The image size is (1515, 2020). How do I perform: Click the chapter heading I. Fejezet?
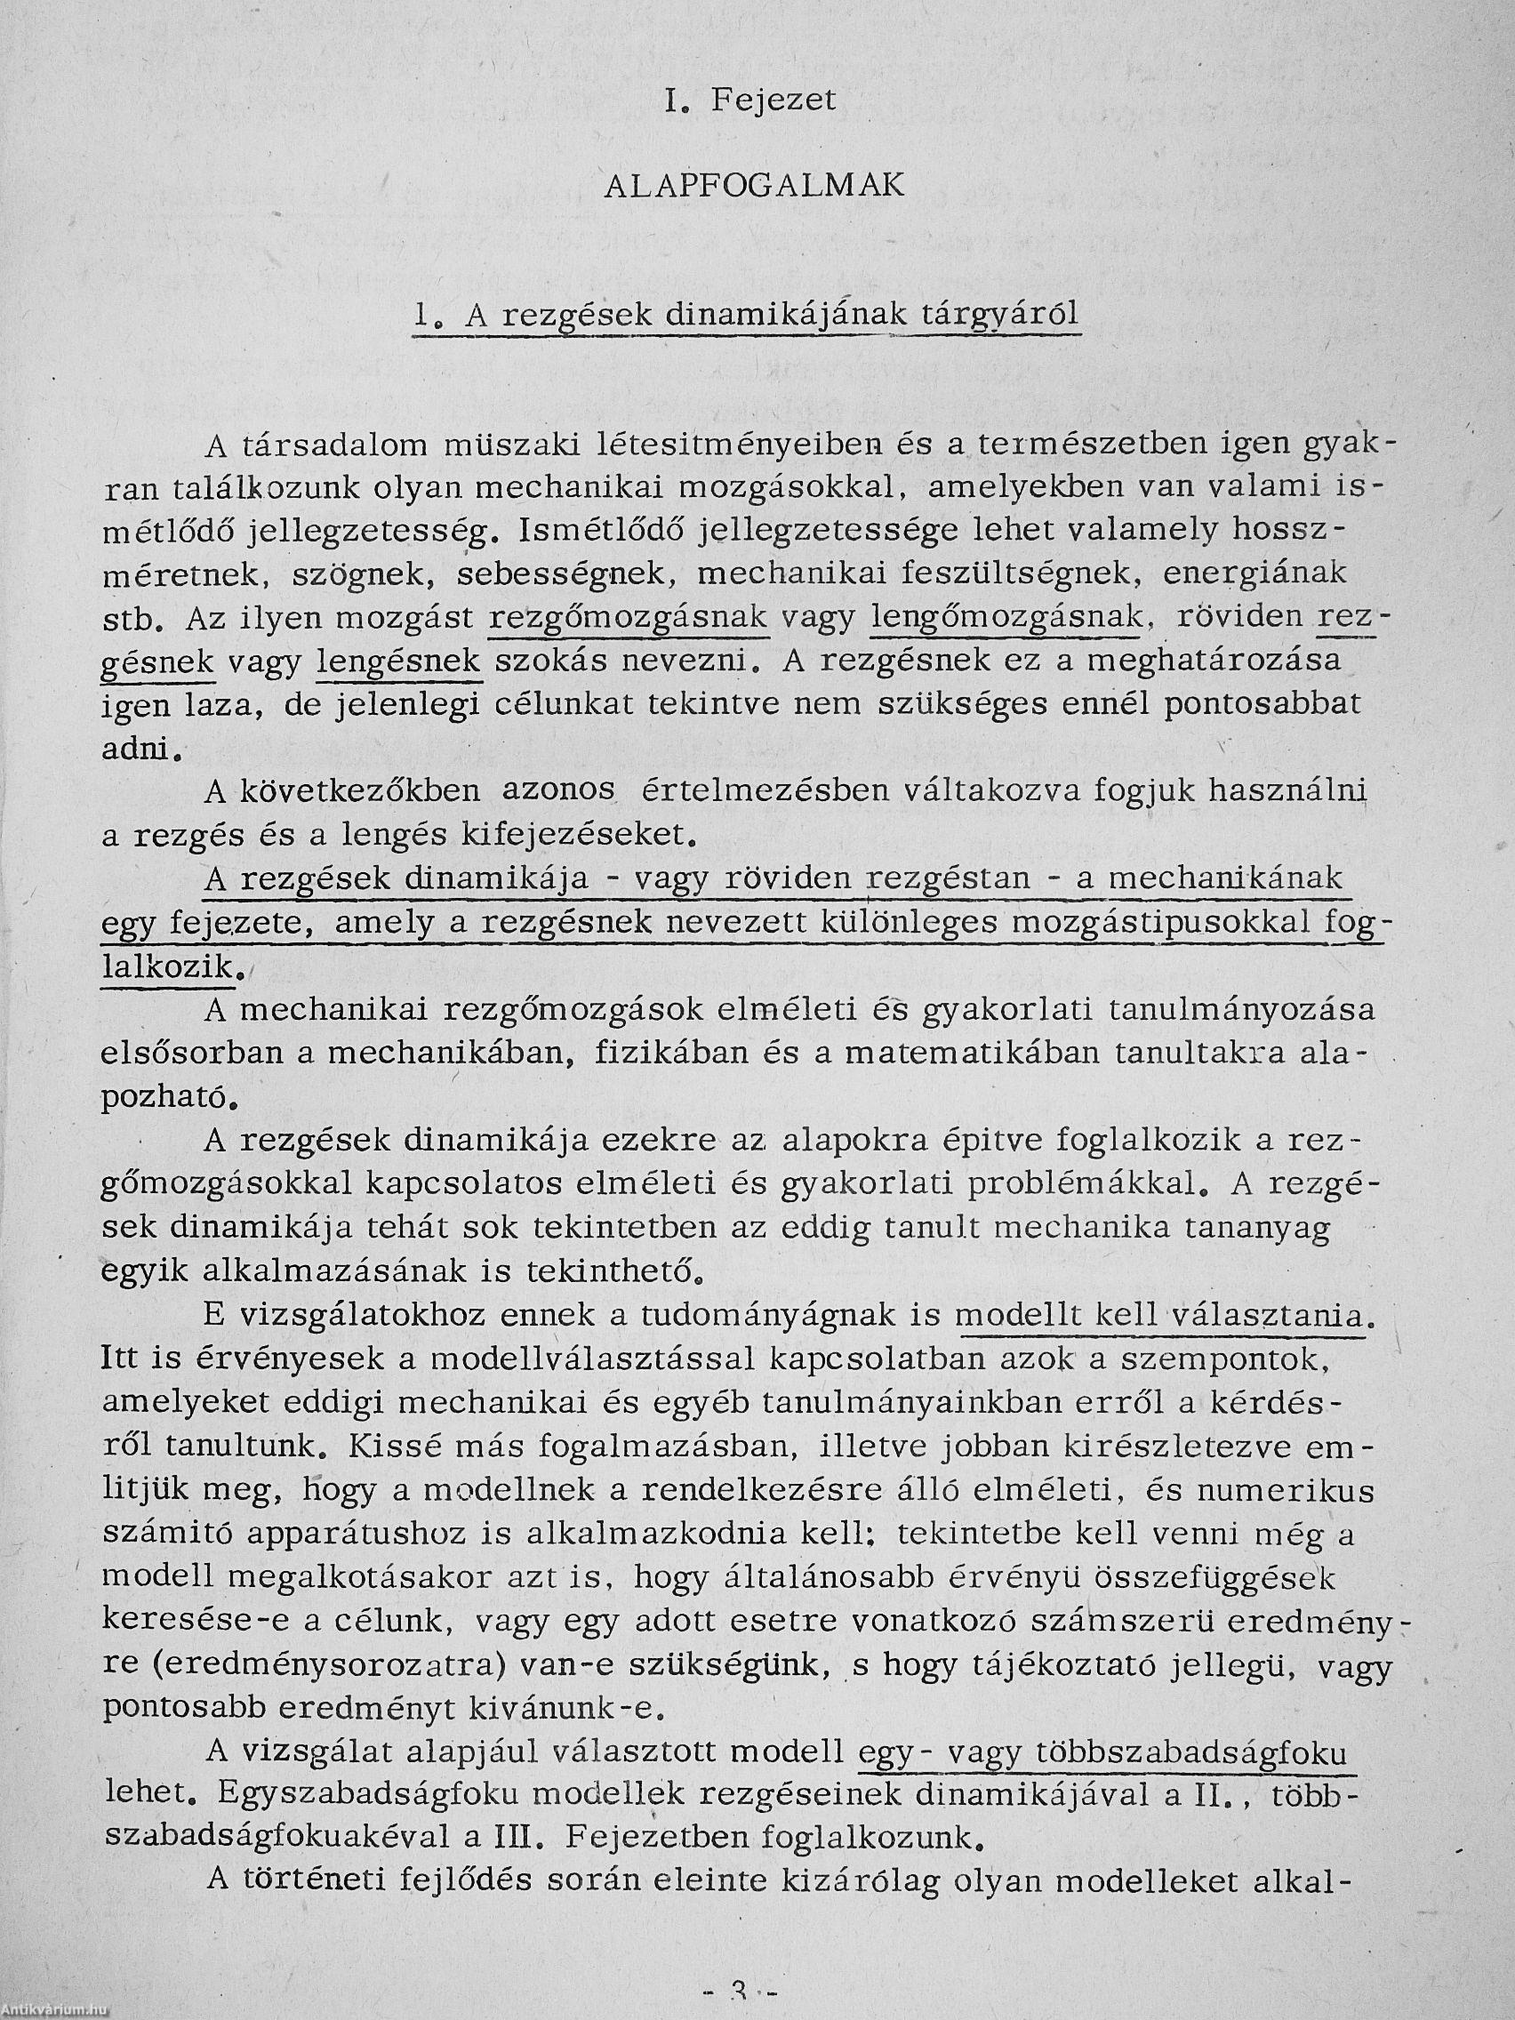point(750,100)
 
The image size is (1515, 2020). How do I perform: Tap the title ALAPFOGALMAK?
point(754,186)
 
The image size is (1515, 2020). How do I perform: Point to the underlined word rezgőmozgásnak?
point(629,618)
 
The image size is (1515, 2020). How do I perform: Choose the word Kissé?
point(433,1447)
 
